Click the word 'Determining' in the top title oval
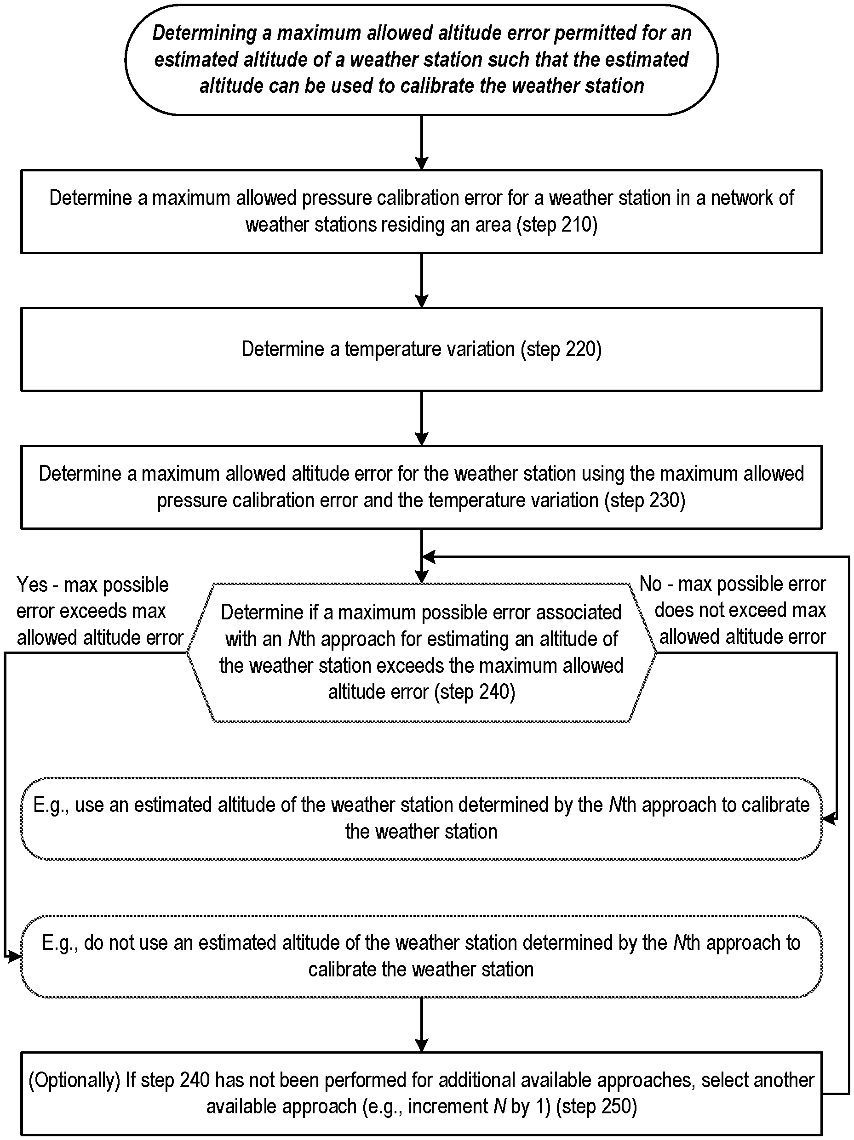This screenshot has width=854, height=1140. [204, 34]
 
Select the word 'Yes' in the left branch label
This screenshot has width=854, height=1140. [32, 584]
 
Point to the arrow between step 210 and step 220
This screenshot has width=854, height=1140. [422, 280]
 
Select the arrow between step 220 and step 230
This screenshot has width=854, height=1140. [422, 418]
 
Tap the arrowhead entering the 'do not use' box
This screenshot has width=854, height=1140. [14, 957]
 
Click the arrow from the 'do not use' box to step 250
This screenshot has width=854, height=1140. [422, 1025]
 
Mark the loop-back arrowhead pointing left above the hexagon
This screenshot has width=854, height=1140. [429, 556]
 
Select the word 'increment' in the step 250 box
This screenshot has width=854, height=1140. [446, 1106]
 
